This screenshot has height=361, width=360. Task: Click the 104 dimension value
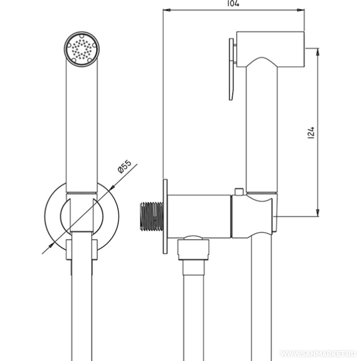tap(233, 4)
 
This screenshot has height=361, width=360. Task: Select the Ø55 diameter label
tap(124, 166)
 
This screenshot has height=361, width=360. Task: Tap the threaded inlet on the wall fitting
tap(152, 216)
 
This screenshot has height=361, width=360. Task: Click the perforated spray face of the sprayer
tap(82, 49)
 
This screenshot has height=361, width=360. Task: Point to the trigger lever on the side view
tap(232, 69)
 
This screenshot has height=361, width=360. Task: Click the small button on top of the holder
tap(239, 191)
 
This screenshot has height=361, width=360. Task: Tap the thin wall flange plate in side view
tap(165, 216)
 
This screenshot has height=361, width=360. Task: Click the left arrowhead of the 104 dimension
tap(167, 10)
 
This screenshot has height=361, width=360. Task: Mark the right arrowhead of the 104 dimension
tap(301, 10)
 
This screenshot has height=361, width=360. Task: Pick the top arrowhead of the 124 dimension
tap(318, 52)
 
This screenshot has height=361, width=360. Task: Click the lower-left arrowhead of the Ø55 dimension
tap(51, 245)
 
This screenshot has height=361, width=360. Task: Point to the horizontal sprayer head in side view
tap(271, 49)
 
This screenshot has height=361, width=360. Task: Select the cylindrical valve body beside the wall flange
tap(199, 216)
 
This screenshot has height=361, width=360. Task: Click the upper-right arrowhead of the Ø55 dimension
tap(112, 188)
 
